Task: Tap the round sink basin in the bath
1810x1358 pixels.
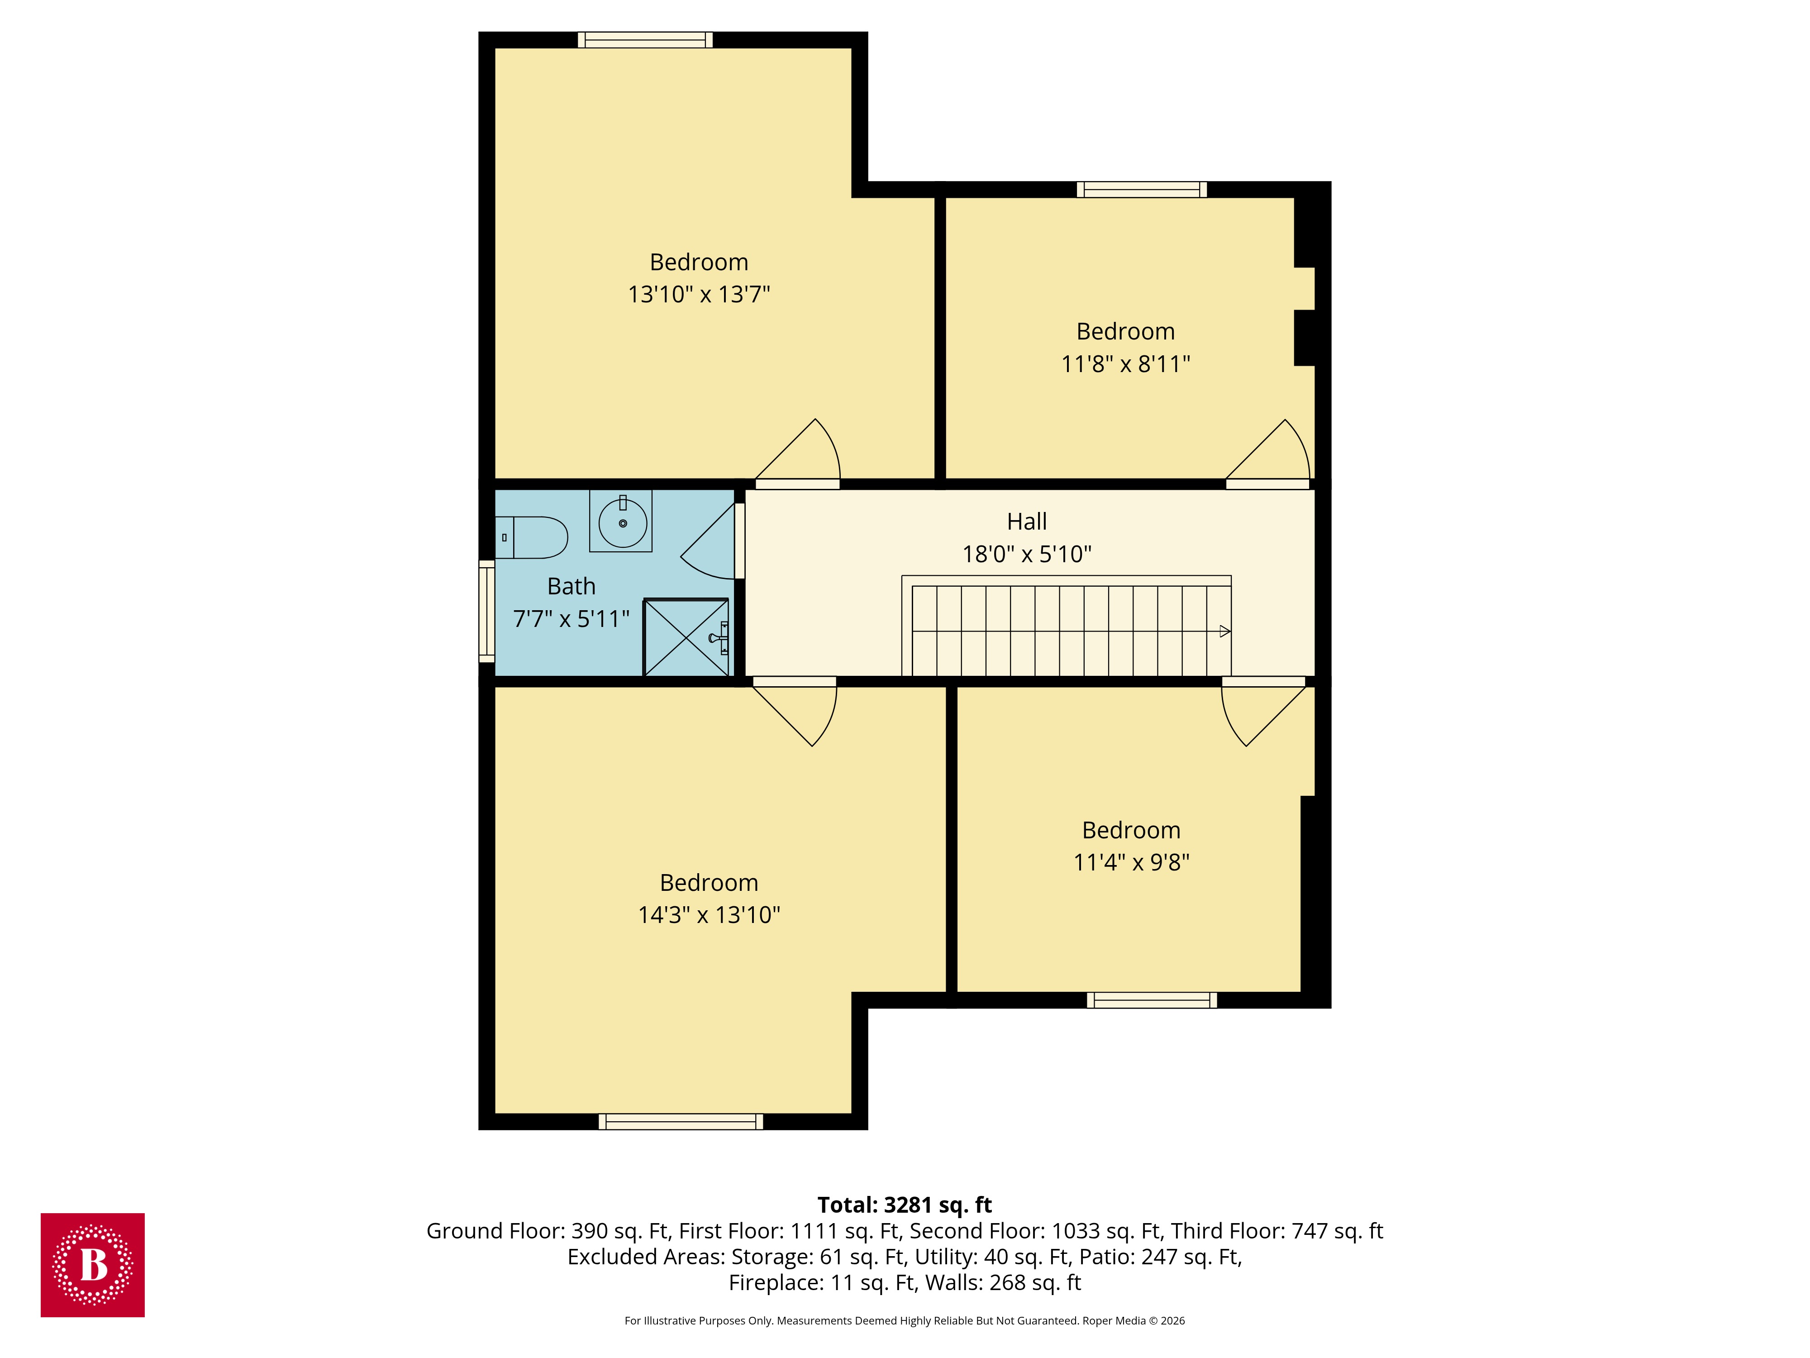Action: [x=623, y=522]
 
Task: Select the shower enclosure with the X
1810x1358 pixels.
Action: [x=686, y=638]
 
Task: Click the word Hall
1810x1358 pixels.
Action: [x=1026, y=521]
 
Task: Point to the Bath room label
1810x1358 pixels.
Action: [x=571, y=586]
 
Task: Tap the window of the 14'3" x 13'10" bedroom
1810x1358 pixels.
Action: [x=680, y=1121]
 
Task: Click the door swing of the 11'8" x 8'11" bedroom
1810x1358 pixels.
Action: [x=1272, y=454]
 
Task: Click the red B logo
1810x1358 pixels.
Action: [x=92, y=1265]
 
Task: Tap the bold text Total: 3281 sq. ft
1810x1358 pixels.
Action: [x=904, y=1205]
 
